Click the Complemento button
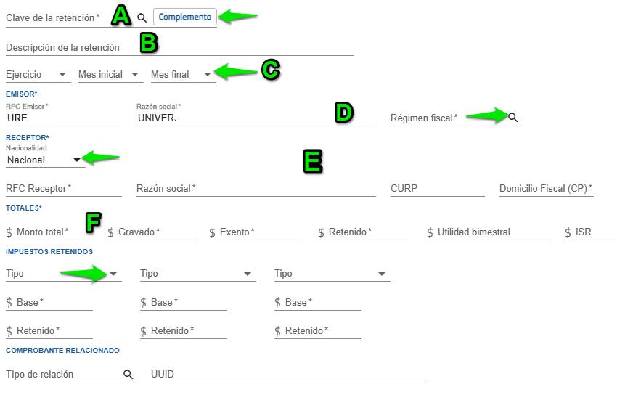[185, 17]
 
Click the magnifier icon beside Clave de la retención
[142, 17]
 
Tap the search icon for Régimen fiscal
[513, 117]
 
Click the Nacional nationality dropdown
[44, 160]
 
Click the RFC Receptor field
[63, 189]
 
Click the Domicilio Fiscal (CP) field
[546, 189]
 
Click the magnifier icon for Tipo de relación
[128, 375]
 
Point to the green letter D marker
[343, 112]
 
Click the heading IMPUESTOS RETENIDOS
[49, 251]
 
